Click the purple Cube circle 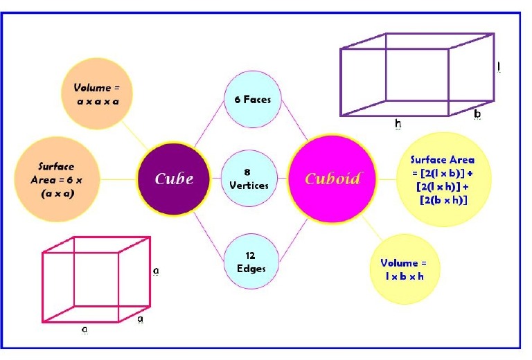point(173,179)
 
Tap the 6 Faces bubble point(252,100)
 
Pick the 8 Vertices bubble point(252,179)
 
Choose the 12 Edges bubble point(252,261)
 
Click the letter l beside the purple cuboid point(499,67)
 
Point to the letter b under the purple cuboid point(477,114)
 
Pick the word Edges point(252,268)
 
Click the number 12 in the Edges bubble point(251,255)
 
